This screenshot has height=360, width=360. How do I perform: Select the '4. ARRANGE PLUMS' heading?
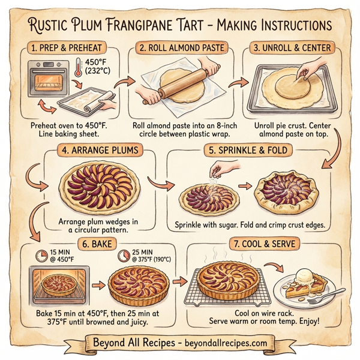(100, 151)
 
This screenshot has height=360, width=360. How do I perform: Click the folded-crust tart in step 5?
(288, 193)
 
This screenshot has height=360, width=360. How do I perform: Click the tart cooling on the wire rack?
(231, 280)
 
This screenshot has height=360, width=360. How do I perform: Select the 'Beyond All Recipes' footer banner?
(180, 343)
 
